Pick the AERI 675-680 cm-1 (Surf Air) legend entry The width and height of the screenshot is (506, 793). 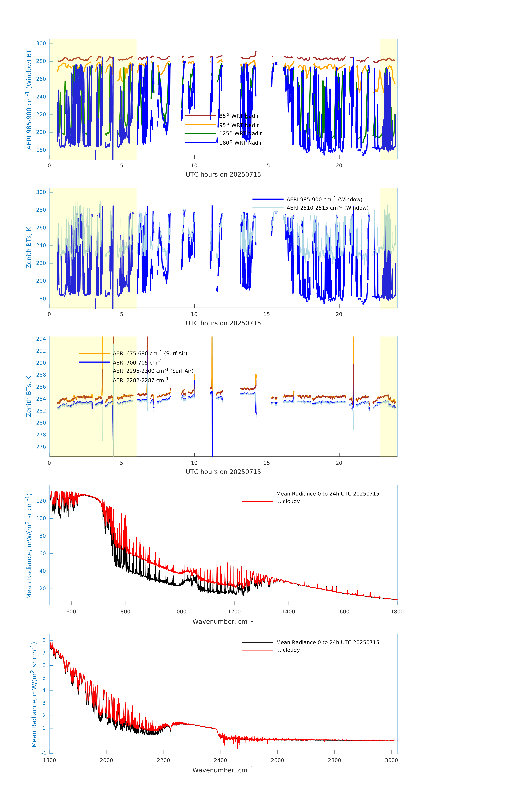[x=150, y=353]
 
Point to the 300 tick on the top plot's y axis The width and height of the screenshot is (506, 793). [x=41, y=43]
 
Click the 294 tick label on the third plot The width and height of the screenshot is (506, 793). [x=41, y=339]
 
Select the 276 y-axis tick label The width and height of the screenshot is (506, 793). [x=41, y=447]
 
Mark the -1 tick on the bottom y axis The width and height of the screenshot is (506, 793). [x=44, y=753]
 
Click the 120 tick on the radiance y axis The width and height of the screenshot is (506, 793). [x=41, y=501]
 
